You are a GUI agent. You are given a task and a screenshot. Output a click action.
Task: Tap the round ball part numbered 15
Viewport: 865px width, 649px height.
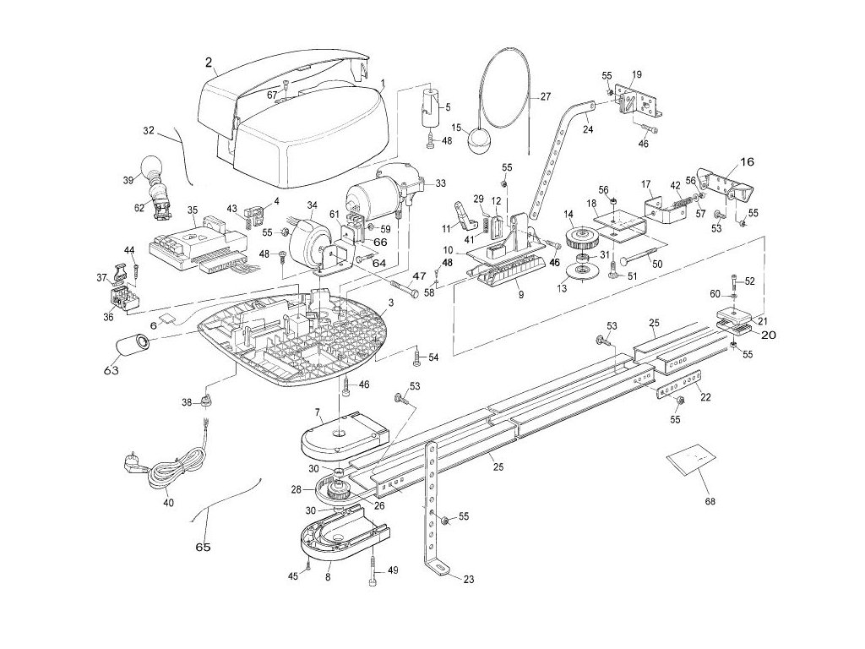coord(480,141)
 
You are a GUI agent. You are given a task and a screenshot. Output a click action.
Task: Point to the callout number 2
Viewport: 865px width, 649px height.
coord(209,61)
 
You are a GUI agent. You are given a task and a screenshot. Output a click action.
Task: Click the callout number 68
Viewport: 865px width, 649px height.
coord(710,502)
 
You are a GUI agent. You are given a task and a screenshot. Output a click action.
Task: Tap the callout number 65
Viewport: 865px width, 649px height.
coord(203,547)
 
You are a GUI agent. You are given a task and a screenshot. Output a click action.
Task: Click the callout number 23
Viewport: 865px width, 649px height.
coord(468,580)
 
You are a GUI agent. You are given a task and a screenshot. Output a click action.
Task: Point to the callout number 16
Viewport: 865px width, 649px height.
coord(747,162)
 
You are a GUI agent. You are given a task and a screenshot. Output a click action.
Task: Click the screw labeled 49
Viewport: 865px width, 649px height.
coord(373,570)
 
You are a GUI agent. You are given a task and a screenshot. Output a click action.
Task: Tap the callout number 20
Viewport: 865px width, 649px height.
coord(769,335)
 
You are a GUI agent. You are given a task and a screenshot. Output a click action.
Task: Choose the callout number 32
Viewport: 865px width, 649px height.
coord(149,131)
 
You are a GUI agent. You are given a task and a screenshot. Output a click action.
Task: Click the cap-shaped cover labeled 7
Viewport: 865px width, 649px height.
coord(345,435)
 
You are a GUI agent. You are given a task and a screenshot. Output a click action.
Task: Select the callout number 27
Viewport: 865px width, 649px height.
coord(546,96)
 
